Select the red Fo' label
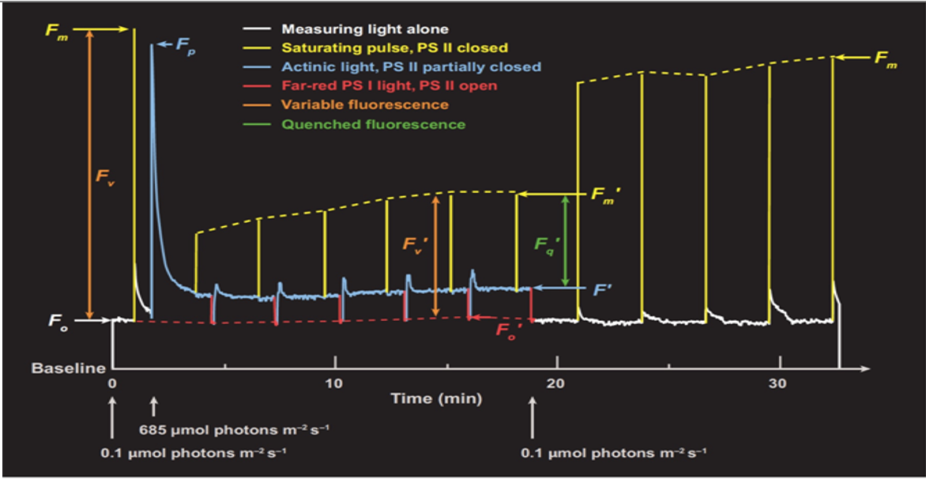coord(508,330)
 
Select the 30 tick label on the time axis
coord(780,383)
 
